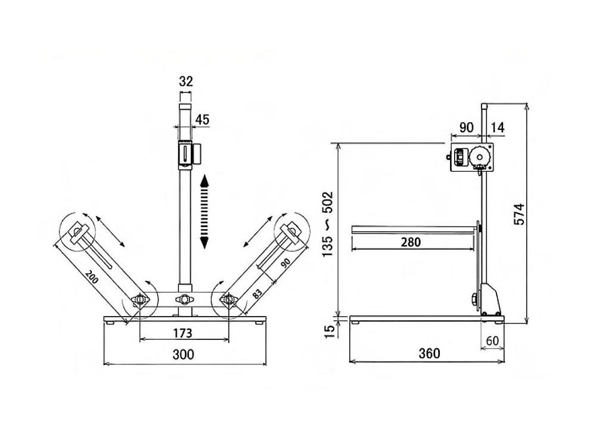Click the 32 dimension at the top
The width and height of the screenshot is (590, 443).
[186, 81]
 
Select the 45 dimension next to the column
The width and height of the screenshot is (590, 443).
[202, 120]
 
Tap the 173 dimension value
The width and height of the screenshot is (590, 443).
[182, 333]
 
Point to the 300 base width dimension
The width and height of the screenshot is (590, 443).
[184, 354]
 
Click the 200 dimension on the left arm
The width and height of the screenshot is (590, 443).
[91, 277]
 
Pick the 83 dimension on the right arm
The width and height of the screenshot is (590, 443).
[257, 293]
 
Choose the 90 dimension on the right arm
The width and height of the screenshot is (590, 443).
[285, 263]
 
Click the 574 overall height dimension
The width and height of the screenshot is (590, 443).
[519, 214]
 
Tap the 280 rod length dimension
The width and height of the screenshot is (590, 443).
[411, 242]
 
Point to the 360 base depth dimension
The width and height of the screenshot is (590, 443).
[429, 353]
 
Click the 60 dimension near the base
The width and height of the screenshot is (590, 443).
[492, 340]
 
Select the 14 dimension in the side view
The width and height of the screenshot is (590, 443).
[498, 128]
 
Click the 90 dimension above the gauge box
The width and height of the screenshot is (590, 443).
[467, 128]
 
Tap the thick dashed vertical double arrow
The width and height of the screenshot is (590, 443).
[204, 212]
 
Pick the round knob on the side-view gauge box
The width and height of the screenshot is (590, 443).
[479, 157]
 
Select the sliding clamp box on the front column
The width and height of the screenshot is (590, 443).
[190, 154]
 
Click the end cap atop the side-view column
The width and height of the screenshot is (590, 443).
[485, 106]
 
